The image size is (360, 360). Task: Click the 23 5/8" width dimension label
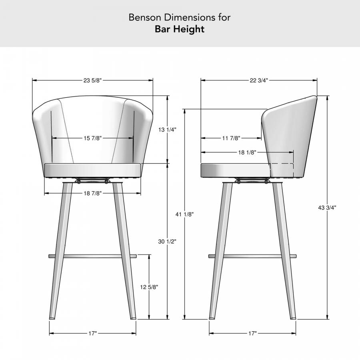coord(93,80)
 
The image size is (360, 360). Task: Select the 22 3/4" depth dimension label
coord(258,80)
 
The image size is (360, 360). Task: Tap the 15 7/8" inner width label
coord(93,138)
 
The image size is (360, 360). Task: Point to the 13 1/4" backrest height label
coord(168,130)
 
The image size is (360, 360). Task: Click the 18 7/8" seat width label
coord(93,193)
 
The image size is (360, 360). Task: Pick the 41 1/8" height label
coord(185,214)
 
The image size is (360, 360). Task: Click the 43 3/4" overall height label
coord(328,208)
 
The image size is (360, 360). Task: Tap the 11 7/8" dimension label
coord(231,138)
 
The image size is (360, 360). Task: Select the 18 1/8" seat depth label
coord(247,152)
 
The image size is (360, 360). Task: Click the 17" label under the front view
coord(93,333)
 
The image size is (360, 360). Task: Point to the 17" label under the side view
coord(252,333)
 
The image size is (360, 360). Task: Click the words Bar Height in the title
coord(180,29)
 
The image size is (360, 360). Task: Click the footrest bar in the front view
coord(93,256)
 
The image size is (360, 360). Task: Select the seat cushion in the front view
coord(93,170)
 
